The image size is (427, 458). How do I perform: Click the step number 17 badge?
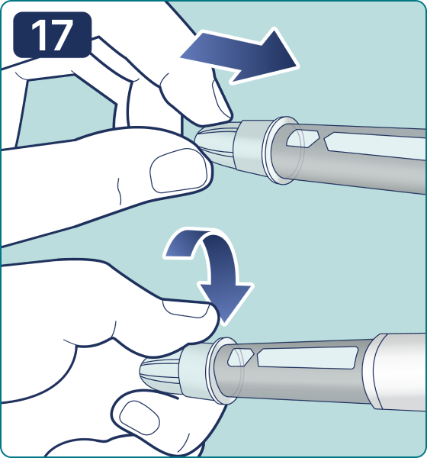coord(53,35)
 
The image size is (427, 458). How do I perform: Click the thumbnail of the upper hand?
coord(179,170)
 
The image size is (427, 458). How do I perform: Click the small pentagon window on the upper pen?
coord(301,138)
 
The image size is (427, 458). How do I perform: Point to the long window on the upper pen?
coord(375,146)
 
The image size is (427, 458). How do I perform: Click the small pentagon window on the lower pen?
coord(240,357)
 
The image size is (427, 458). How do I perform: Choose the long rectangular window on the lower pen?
coord(307,357)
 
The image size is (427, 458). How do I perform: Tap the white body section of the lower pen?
coord(397,373)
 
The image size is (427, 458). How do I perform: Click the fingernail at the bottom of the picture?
coord(140,418)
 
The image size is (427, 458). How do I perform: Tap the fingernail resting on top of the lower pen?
coord(185,309)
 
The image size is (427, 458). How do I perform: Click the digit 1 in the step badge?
coord(39,35)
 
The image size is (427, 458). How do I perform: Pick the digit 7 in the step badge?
coord(62,35)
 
